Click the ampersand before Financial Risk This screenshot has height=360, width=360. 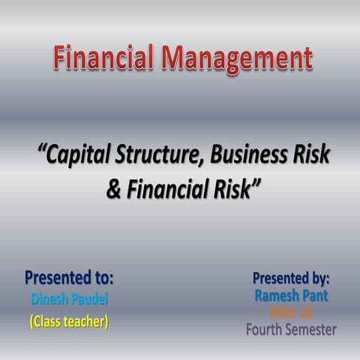(x=113, y=188)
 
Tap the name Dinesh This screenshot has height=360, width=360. (x=50, y=299)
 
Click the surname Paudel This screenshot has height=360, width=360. (x=89, y=299)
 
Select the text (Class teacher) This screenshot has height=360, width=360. (x=69, y=321)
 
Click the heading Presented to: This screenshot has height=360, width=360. (x=69, y=278)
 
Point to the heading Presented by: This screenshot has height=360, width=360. (x=291, y=278)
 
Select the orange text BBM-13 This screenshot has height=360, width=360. (x=291, y=312)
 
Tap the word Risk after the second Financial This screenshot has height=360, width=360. (x=232, y=188)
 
